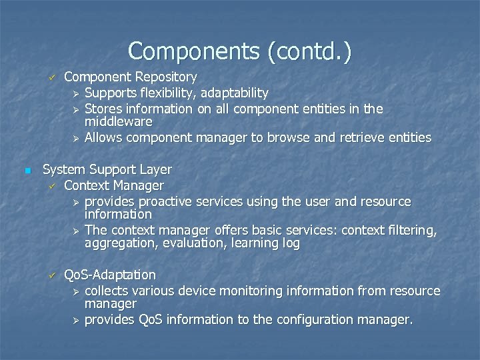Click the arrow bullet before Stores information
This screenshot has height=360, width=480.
pos(76,108)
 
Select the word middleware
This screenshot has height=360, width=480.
pos(118,122)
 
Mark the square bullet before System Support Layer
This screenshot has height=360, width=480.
pos(27,171)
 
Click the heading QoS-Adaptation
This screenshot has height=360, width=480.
pos(109,275)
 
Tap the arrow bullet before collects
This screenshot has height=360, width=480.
pos(76,291)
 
